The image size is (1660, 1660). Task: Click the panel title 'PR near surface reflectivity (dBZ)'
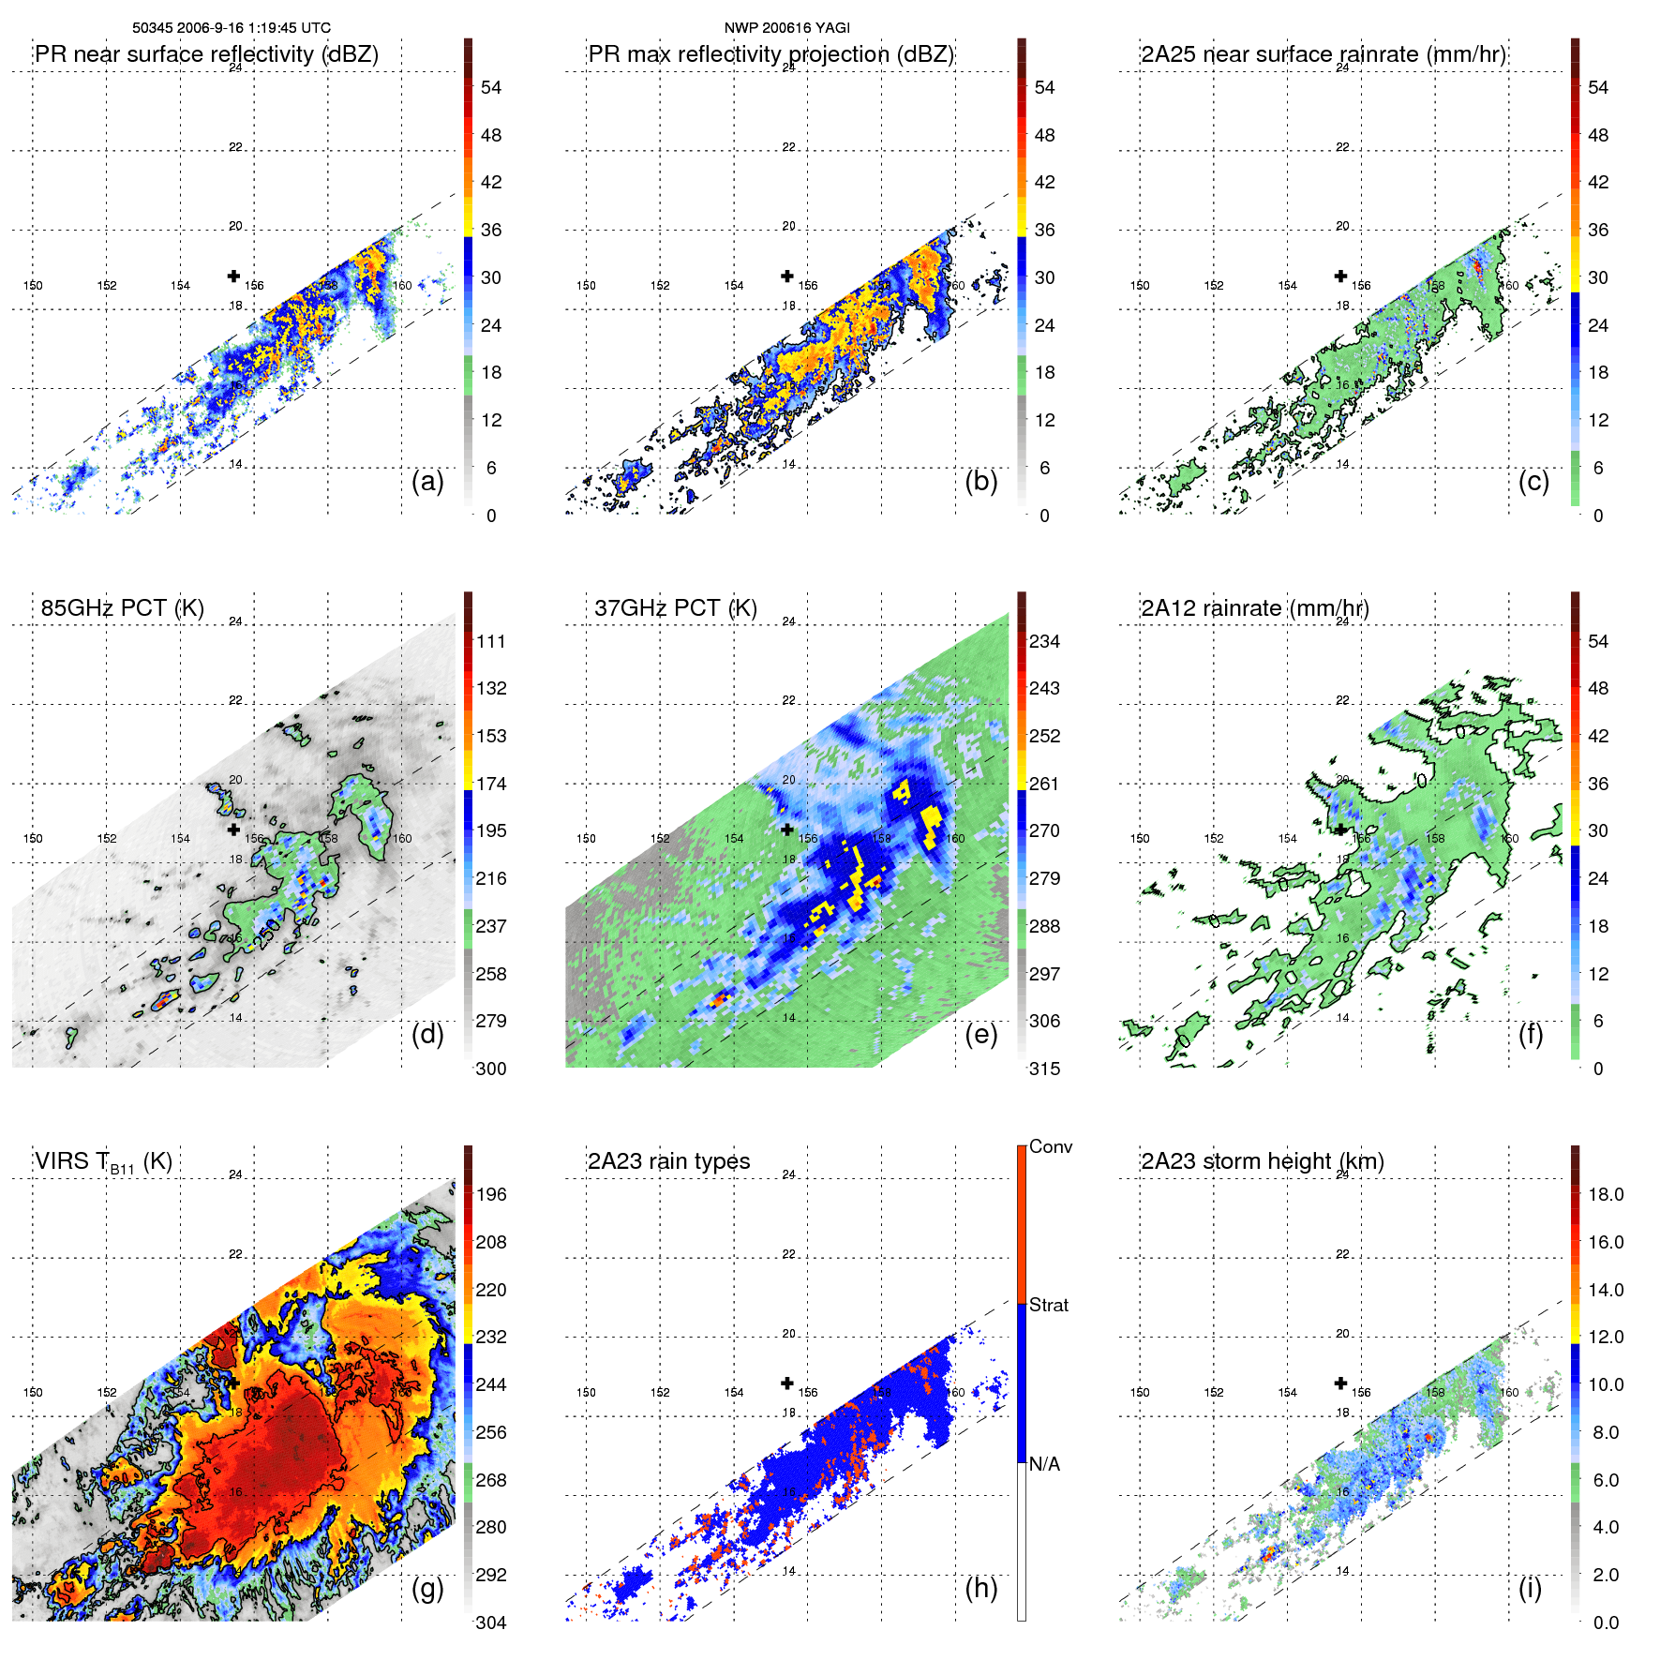click(x=206, y=54)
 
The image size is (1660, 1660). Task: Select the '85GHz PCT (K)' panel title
click(x=122, y=607)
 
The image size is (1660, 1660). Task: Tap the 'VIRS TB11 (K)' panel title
click(x=103, y=1161)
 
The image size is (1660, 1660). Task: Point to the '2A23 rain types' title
click(x=668, y=1161)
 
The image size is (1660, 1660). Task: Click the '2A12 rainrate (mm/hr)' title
click(x=1254, y=607)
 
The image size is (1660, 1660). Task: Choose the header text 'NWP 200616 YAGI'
click(x=786, y=28)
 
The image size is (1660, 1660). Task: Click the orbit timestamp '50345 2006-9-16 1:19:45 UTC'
click(x=231, y=28)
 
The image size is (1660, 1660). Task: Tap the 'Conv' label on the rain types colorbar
click(x=1050, y=1146)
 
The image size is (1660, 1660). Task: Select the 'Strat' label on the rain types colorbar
click(x=1048, y=1305)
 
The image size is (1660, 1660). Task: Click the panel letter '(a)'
click(x=427, y=482)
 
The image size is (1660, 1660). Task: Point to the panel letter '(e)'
click(x=980, y=1035)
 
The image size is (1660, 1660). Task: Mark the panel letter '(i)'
click(x=1530, y=1588)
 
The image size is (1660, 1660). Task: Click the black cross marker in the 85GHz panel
click(x=233, y=830)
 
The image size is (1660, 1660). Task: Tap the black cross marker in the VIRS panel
click(x=233, y=1383)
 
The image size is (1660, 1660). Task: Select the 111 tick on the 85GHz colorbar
click(x=491, y=641)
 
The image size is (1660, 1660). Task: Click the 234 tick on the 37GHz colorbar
click(x=1044, y=641)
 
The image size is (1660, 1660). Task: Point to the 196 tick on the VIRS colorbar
click(x=491, y=1194)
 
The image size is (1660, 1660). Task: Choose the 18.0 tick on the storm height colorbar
click(x=1605, y=1194)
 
